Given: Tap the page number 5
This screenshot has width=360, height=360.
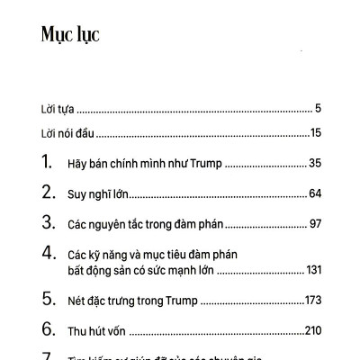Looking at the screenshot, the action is coord(319,109).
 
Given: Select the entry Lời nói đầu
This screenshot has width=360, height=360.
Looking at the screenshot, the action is coord(67,134).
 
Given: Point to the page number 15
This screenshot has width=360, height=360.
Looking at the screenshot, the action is coord(316,134).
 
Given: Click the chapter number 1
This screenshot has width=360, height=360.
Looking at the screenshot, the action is coord(47,164).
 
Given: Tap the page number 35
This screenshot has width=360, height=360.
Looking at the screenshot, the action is coord(314,165).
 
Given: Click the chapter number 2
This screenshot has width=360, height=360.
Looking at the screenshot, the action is coord(48,193).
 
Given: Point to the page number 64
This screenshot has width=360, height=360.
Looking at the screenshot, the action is coord(314,193).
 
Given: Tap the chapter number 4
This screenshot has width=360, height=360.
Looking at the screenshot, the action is coord(48,254).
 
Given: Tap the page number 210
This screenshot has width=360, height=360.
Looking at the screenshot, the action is coord(311,331).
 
